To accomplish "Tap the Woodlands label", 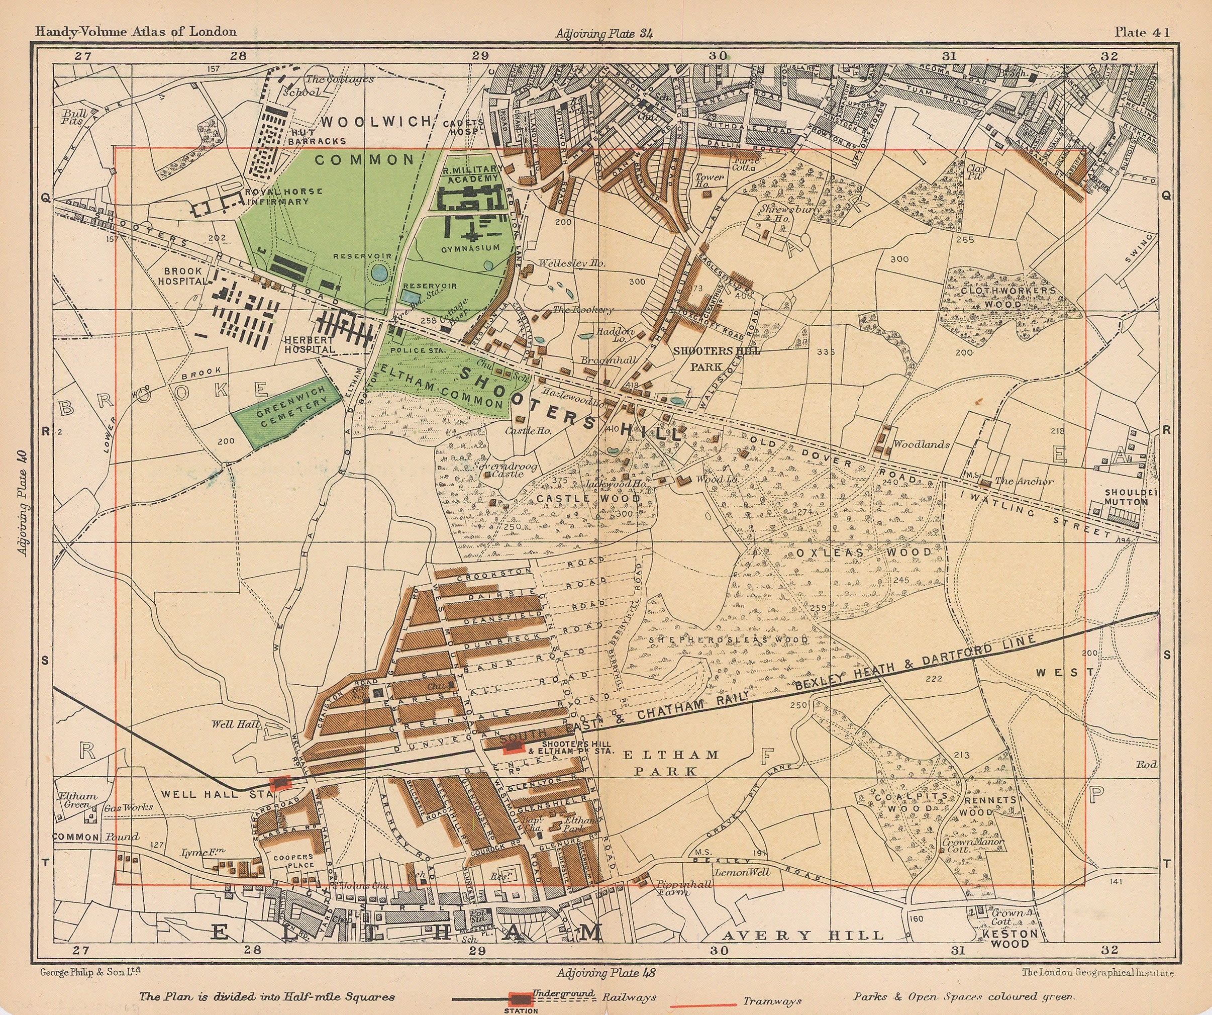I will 921,444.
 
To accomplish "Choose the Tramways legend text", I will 772,1002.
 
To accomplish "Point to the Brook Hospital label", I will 183,276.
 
